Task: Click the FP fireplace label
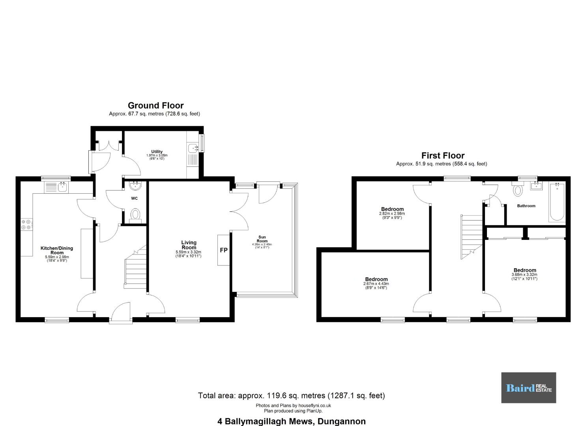[x=224, y=250]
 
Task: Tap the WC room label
[x=134, y=198]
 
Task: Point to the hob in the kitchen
[x=27, y=224]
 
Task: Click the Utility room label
[x=157, y=152]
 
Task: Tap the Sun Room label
[x=262, y=239]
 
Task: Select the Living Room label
[x=189, y=245]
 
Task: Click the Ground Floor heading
[x=155, y=105]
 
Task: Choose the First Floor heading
[x=443, y=155]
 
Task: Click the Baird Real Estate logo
[x=529, y=388]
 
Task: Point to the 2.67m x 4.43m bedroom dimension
[x=376, y=284]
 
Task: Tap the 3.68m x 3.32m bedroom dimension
[x=524, y=275]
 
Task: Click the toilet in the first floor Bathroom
[x=518, y=189]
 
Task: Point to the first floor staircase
[x=472, y=237]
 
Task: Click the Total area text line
[x=292, y=396]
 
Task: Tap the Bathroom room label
[x=526, y=206]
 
